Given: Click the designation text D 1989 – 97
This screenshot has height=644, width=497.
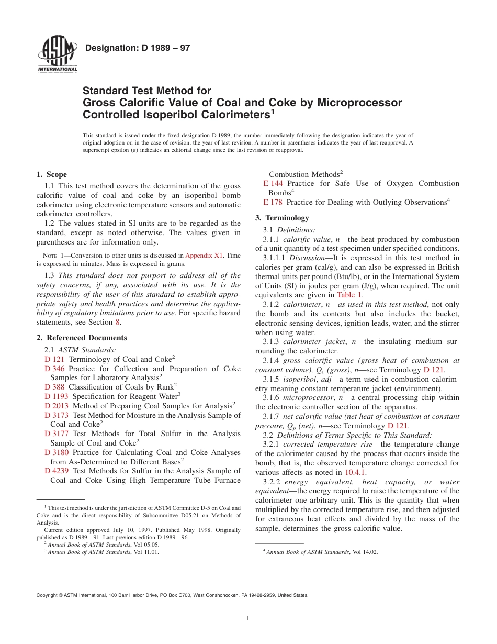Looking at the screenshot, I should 137,48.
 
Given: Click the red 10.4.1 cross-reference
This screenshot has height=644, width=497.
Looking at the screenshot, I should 355,472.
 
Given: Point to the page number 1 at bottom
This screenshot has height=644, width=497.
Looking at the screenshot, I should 248,618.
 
